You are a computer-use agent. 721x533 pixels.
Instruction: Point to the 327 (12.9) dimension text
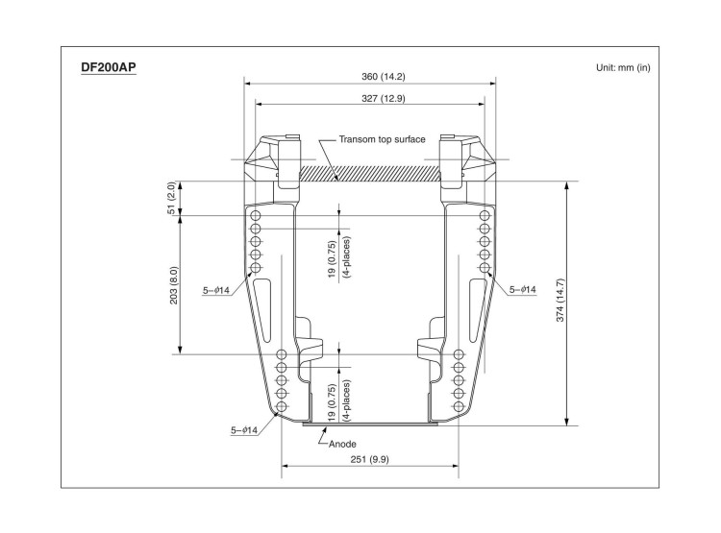tap(369, 97)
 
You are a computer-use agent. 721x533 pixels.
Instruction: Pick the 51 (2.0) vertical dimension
tap(171, 198)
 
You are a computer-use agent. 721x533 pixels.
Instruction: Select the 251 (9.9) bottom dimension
tap(369, 460)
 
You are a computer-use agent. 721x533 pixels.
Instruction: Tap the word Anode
tap(342, 444)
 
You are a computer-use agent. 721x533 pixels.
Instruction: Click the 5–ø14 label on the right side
tap(522, 288)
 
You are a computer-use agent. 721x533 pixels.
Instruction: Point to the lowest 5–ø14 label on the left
tap(243, 430)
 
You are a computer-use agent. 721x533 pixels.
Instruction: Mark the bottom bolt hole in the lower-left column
tap(282, 407)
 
